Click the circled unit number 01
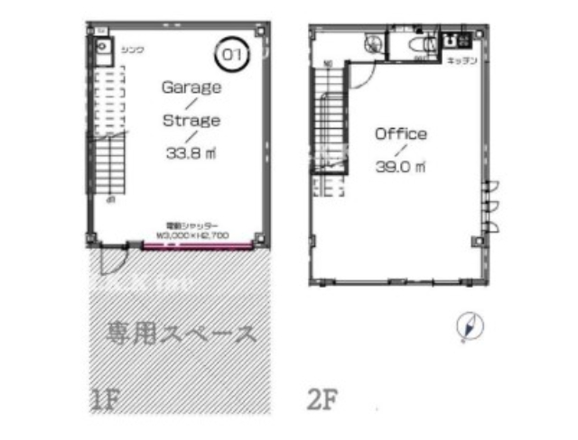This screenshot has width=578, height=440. pyautogui.click(x=232, y=54)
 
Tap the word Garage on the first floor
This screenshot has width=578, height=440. pyautogui.click(x=191, y=87)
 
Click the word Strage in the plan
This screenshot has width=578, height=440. pyautogui.click(x=191, y=119)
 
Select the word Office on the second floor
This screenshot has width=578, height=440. pyautogui.click(x=401, y=133)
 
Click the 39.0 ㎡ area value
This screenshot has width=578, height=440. pyautogui.click(x=401, y=166)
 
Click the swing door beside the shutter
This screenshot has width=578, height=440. pyautogui.click(x=111, y=260)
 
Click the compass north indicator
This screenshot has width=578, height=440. pyautogui.click(x=468, y=326)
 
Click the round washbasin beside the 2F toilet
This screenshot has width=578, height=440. pyautogui.click(x=370, y=43)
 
